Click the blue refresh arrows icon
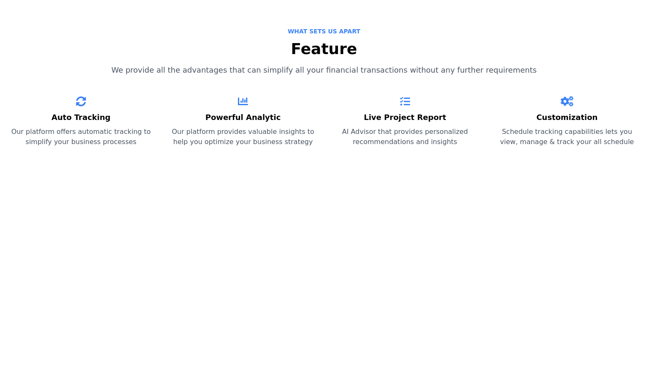click(x=81, y=101)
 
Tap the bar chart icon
click(x=243, y=101)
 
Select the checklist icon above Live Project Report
click(x=405, y=101)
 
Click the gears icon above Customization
click(x=567, y=101)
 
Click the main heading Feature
click(x=324, y=49)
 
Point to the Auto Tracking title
click(x=81, y=117)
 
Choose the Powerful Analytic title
click(x=243, y=117)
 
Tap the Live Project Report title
click(x=405, y=117)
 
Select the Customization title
click(x=567, y=117)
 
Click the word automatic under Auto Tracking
click(x=95, y=132)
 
